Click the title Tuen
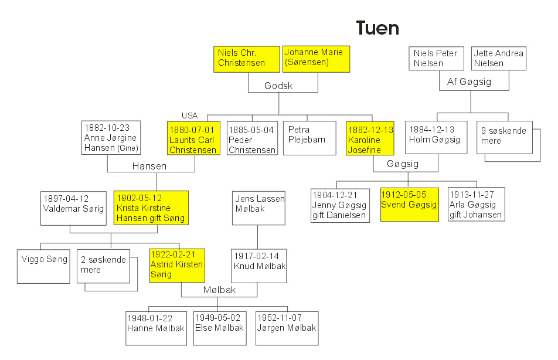tap(377, 28)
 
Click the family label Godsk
tap(278, 86)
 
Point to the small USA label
tap(189, 115)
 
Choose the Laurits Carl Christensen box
tap(192, 139)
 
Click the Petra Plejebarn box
tap(310, 138)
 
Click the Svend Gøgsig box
tap(409, 204)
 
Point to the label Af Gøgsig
tap(469, 82)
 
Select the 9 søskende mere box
tap(506, 137)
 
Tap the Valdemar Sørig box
tap(69, 208)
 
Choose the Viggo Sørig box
tap(45, 265)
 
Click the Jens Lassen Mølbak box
tap(258, 208)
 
